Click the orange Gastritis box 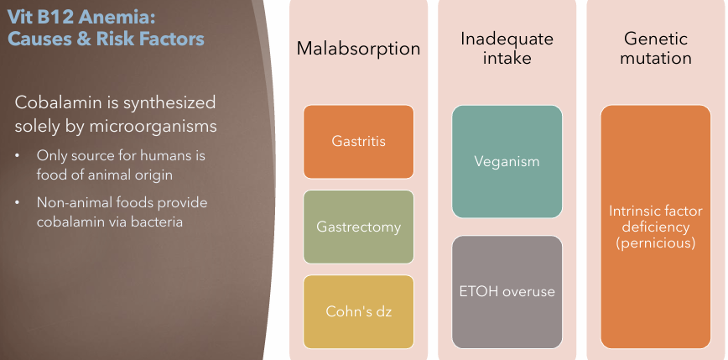point(358,141)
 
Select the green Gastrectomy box point(358,227)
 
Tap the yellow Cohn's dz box point(358,311)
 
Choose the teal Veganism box point(507,161)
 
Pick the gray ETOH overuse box point(507,292)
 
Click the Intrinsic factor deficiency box point(656,227)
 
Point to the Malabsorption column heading point(358,49)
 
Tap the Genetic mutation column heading point(656,49)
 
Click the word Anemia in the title point(113,17)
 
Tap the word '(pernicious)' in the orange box point(656,243)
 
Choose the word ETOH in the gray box point(479,292)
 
